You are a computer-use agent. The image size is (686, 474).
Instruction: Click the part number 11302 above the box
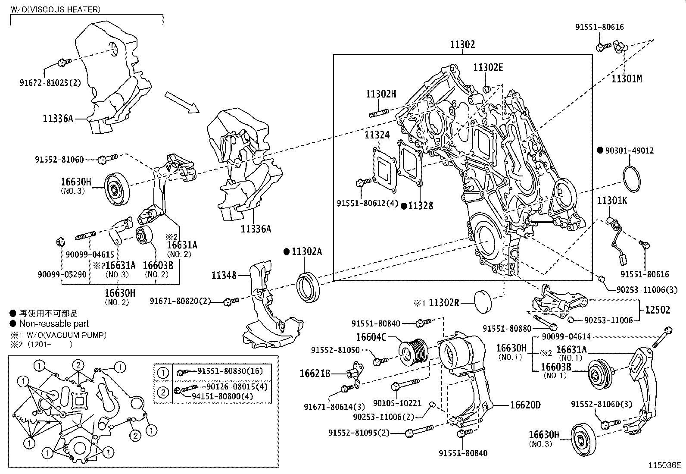point(462,44)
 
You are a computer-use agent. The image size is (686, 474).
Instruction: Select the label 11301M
point(627,78)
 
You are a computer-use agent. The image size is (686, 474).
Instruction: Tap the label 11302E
point(488,68)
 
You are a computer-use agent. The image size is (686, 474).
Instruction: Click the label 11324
point(377,135)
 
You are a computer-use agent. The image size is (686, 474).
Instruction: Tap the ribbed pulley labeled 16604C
point(413,352)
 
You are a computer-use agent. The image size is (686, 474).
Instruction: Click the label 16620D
point(525,405)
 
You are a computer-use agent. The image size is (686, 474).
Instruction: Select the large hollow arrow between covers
point(182,102)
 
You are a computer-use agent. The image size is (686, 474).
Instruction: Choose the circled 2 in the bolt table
point(163,392)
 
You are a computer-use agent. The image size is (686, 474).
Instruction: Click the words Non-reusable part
point(54,323)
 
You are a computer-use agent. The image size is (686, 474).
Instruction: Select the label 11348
point(224,275)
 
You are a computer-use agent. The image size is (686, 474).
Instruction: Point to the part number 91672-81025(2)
point(50,83)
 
